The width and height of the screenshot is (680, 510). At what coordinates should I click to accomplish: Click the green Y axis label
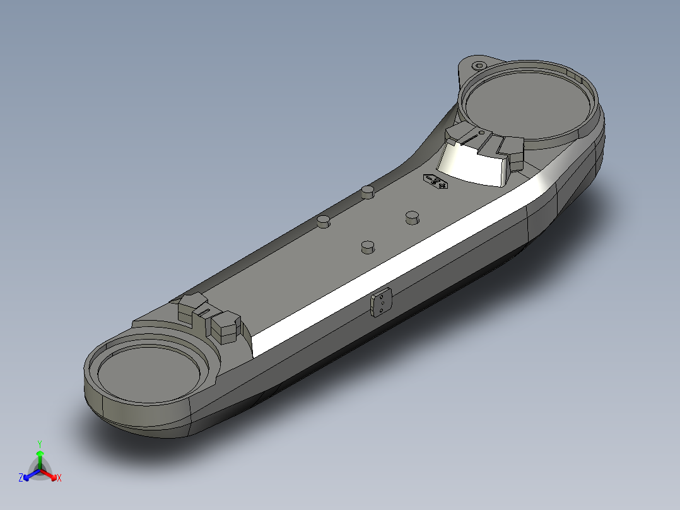click(x=39, y=443)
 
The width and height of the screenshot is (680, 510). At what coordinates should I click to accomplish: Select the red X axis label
click(x=59, y=478)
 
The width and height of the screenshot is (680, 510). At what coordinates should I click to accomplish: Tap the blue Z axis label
click(x=21, y=478)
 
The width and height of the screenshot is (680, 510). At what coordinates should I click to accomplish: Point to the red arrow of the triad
click(x=50, y=474)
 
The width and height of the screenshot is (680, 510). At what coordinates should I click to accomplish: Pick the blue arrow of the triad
click(x=29, y=474)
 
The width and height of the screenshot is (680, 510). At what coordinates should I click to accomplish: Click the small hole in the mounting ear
click(x=479, y=66)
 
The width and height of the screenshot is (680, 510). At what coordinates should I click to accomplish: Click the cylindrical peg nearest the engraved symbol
click(x=413, y=216)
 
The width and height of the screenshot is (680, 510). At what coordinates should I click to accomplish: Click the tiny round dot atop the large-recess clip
click(x=481, y=133)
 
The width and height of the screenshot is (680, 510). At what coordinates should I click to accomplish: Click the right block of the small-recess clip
click(x=225, y=326)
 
